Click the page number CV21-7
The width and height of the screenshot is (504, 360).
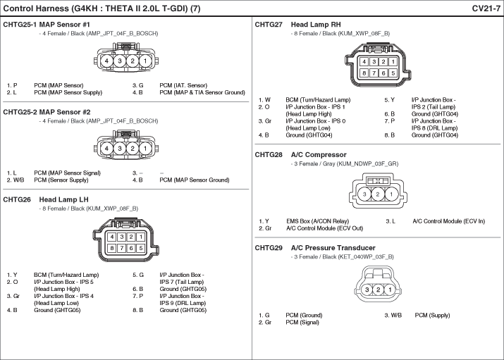click(486, 8)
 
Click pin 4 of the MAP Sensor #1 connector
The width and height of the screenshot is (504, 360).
click(106, 61)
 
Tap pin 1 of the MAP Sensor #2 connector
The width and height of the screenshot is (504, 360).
click(145, 149)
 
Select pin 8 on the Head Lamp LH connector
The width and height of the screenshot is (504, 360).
click(112, 248)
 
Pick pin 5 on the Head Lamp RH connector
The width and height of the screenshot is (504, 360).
click(393, 73)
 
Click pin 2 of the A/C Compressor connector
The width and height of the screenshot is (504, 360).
click(378, 194)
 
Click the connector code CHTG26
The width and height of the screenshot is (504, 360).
click(17, 199)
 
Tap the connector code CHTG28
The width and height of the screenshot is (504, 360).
click(269, 154)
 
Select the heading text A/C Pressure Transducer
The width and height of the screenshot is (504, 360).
click(333, 248)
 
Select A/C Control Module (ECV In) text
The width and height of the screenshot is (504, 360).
click(448, 221)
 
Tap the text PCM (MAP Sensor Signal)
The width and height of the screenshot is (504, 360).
click(67, 173)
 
